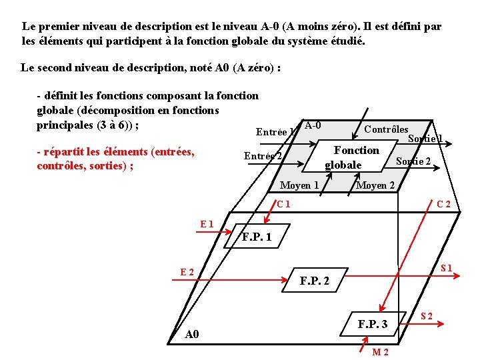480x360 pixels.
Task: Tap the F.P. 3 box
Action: (x=372, y=325)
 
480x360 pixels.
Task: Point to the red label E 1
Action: (x=207, y=224)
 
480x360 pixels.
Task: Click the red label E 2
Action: (x=187, y=271)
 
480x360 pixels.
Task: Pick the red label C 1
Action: (x=283, y=204)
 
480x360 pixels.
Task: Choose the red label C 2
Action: (x=443, y=204)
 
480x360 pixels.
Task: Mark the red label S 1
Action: (x=446, y=268)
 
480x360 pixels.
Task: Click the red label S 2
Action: (x=426, y=315)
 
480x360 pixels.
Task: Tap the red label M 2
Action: (x=381, y=351)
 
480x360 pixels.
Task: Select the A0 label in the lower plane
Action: (x=191, y=334)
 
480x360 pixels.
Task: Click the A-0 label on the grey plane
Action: (x=312, y=125)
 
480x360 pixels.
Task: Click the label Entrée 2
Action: (x=263, y=156)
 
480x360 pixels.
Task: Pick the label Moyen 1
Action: (x=299, y=185)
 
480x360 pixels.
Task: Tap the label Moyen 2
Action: (x=375, y=185)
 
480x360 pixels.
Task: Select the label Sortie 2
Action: (x=413, y=161)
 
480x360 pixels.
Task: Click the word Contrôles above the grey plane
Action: (x=386, y=129)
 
